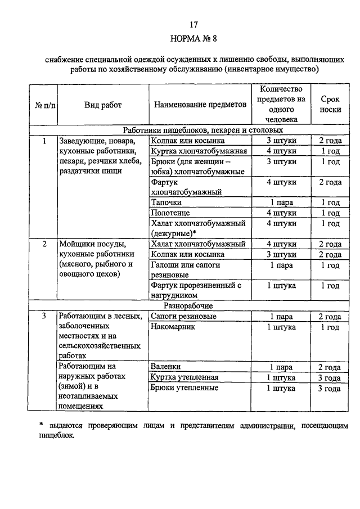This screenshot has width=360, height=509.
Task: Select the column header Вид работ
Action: pos(103,105)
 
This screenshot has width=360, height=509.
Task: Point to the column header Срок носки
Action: pos(330,104)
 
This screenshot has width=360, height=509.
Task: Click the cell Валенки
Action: pos(165,367)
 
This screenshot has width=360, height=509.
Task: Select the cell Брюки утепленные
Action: pos(184,388)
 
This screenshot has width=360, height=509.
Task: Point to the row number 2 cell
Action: pos(44,244)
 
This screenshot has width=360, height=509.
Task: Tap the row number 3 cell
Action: pos(44,317)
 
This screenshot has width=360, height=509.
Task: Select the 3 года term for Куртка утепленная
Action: pos(330,377)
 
